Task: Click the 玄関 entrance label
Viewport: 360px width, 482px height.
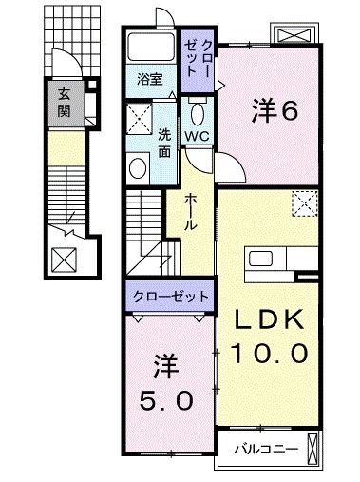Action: tap(65, 103)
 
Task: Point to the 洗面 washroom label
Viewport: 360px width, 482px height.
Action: tap(164, 142)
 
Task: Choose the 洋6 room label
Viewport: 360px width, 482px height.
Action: tap(275, 111)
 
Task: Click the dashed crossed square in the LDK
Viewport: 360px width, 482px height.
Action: tap(304, 202)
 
